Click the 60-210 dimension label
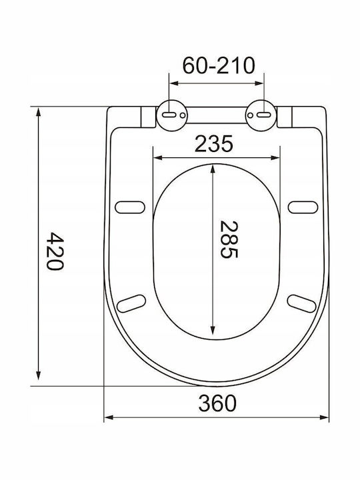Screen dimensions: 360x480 [219, 65]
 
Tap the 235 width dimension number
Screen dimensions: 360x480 [214, 144]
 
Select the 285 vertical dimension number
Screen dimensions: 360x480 [229, 239]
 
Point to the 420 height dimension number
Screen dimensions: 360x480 [55, 251]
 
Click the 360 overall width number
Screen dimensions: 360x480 [217, 403]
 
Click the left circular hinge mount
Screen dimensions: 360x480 [172, 115]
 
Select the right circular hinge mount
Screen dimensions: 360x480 [261, 115]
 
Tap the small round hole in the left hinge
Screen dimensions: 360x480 [183, 115]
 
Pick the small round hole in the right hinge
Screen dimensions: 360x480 [250, 115]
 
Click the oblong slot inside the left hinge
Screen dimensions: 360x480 [169, 115]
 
